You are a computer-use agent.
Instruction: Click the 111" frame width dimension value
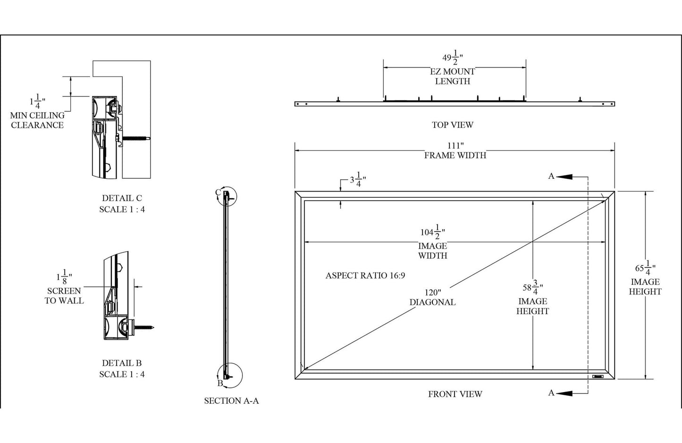pos(455,146)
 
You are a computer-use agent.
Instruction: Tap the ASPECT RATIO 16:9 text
pos(365,276)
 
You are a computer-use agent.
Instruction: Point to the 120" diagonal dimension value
pos(432,293)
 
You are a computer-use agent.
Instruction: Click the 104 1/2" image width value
pos(432,233)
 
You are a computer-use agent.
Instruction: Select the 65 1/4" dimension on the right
pos(644,268)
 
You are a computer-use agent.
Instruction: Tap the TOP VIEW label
pos(452,125)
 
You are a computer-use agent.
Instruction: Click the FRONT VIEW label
pos(455,394)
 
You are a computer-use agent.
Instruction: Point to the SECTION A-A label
pos(231,401)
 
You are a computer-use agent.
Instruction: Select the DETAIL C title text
pos(122,198)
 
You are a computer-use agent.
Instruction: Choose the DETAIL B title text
pos(122,363)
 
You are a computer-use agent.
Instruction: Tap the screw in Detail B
pos(144,326)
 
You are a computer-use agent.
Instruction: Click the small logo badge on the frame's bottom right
pos(598,376)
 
